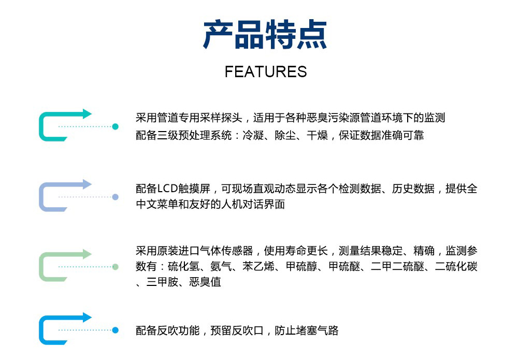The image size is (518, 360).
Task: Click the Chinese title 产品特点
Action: (265, 34)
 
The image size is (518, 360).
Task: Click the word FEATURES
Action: (266, 71)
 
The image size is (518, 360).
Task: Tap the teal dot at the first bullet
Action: (116, 126)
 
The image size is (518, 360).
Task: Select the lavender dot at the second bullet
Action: (116, 197)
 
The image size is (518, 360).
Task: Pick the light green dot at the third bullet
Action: (116, 267)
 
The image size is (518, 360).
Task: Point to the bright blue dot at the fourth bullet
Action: (116, 330)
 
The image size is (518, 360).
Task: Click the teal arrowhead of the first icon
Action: (87, 113)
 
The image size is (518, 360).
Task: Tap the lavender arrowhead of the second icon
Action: (87, 184)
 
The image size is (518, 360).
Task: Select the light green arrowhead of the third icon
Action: (87, 254)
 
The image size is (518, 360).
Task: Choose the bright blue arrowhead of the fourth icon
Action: (87, 318)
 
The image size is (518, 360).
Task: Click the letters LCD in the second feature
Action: (167, 189)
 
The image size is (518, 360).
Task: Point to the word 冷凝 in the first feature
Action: (253, 135)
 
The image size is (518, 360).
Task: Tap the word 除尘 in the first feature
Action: (285, 135)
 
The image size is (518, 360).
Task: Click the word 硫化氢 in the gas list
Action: (184, 266)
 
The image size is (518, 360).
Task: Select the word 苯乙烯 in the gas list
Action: (258, 266)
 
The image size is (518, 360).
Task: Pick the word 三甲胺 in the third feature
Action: (162, 282)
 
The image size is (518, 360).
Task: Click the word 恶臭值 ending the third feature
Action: (205, 282)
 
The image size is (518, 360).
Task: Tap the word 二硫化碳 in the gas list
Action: (456, 266)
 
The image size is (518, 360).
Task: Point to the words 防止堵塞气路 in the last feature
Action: (307, 330)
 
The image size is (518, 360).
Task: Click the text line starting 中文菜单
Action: (210, 204)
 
